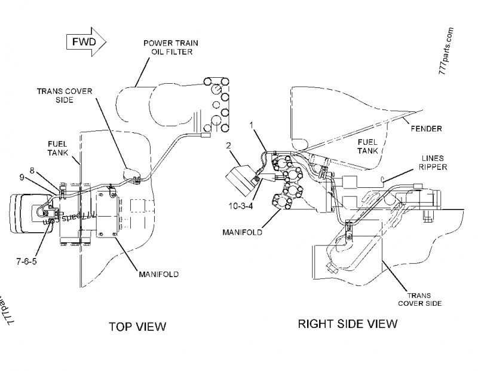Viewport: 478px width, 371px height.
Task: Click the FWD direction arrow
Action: click(x=85, y=42)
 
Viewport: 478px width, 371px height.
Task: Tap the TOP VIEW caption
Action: click(x=137, y=326)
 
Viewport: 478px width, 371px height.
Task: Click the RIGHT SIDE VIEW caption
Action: click(x=347, y=324)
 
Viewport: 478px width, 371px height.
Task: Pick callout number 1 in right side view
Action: click(x=252, y=125)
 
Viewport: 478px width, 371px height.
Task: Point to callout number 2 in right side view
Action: click(x=228, y=145)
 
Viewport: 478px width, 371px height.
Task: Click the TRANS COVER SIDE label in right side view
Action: click(x=420, y=299)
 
